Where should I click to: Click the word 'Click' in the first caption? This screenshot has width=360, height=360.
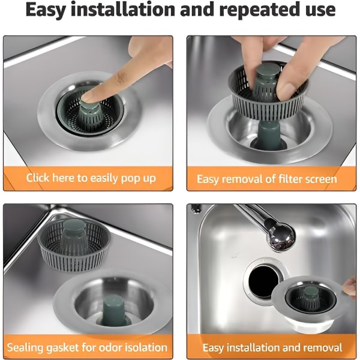point(38,178)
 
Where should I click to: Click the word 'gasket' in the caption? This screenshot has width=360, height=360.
point(62,348)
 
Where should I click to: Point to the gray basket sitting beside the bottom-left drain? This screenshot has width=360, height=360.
point(73,247)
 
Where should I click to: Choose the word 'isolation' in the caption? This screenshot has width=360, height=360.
point(146,347)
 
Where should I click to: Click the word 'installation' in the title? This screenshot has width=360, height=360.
point(123,10)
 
